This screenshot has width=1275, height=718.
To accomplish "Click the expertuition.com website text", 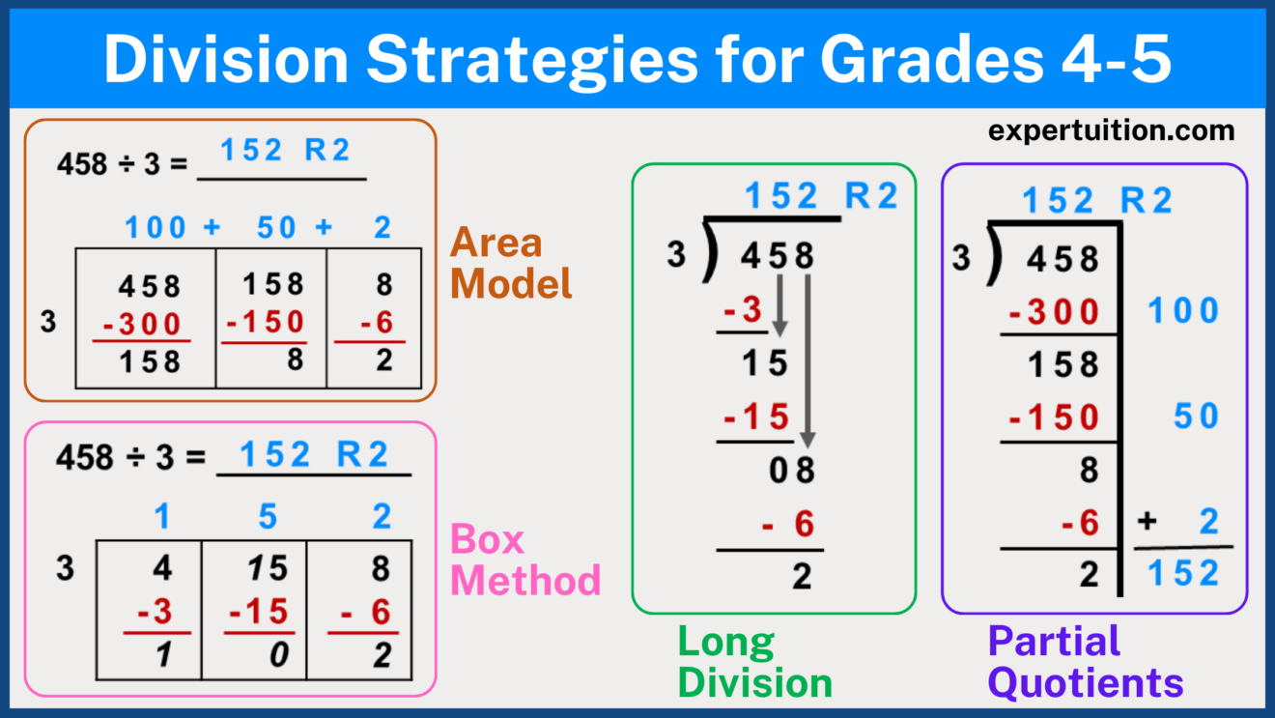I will pyautogui.click(x=1111, y=130).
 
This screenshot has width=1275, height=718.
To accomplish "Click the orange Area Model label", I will pyautogui.click(x=511, y=262).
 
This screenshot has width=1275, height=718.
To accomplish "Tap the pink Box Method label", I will pyautogui.click(x=525, y=560).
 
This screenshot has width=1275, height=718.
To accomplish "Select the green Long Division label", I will pyautogui.click(x=754, y=662).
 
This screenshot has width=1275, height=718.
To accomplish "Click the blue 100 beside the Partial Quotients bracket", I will pyautogui.click(x=1183, y=311).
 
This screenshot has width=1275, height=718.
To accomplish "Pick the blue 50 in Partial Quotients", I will pyautogui.click(x=1197, y=416).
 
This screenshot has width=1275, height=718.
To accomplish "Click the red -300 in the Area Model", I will pyautogui.click(x=142, y=323).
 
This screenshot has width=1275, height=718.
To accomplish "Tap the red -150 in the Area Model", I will pyautogui.click(x=265, y=323).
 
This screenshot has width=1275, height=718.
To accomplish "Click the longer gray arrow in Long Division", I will pyautogui.click(x=807, y=358).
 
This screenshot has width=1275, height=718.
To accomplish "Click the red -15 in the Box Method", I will pyautogui.click(x=259, y=613).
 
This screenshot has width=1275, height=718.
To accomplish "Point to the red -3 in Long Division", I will pyautogui.click(x=743, y=311).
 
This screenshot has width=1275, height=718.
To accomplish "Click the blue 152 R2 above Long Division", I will pyautogui.click(x=821, y=197).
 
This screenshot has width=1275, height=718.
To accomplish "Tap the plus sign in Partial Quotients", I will pyautogui.click(x=1147, y=523).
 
